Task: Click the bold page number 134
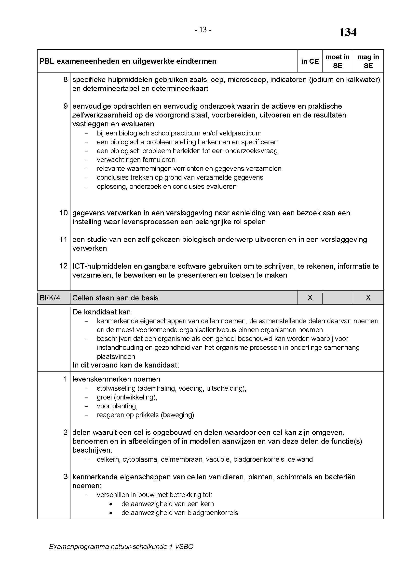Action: click(348, 32)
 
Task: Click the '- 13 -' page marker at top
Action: click(203, 30)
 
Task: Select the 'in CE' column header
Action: click(310, 61)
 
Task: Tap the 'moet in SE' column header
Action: click(337, 61)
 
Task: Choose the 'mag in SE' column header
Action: click(368, 61)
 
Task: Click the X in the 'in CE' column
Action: click(310, 298)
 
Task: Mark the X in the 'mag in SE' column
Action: click(368, 298)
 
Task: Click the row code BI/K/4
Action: click(50, 298)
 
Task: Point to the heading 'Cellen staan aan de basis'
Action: click(115, 298)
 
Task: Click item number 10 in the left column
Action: click(64, 213)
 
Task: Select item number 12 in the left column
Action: click(64, 266)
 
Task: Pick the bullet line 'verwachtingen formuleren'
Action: click(136, 160)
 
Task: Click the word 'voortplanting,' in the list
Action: click(117, 406)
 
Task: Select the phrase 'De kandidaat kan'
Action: click(102, 312)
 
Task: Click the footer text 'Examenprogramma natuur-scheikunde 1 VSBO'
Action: click(121, 547)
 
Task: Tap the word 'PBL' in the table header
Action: click(47, 61)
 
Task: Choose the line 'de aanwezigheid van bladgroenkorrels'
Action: click(179, 513)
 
